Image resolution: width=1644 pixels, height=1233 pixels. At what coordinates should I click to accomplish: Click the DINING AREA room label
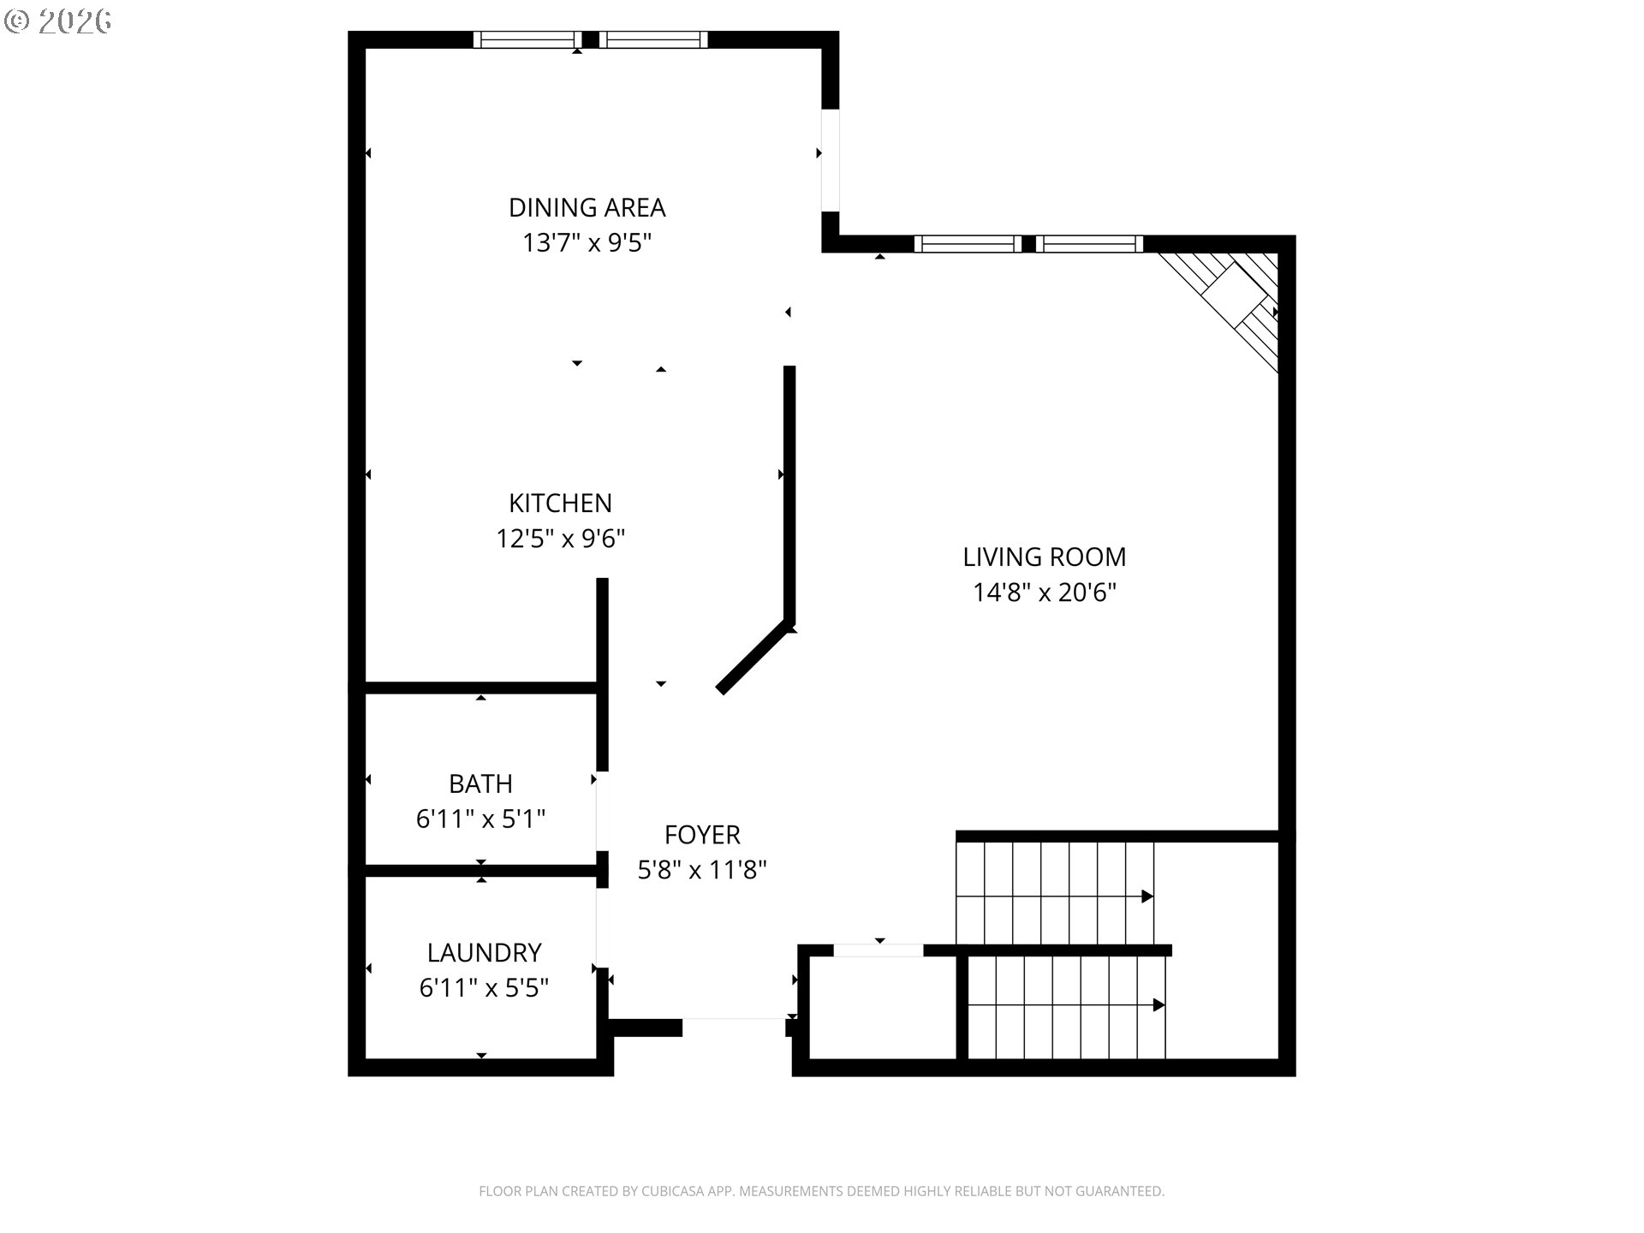pyautogui.click(x=587, y=207)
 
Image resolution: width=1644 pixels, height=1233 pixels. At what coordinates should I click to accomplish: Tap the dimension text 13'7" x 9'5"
pyautogui.click(x=587, y=243)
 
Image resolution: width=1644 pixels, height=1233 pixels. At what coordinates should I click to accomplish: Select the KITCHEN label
pyautogui.click(x=560, y=503)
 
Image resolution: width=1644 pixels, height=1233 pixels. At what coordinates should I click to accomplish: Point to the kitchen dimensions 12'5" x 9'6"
pyautogui.click(x=560, y=539)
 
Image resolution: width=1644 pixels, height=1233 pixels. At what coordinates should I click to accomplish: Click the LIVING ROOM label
pyautogui.click(x=1044, y=557)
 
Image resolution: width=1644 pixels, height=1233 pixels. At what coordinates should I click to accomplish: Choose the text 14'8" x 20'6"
pyautogui.click(x=1044, y=593)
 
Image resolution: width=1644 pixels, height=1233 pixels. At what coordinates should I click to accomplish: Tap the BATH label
pyautogui.click(x=480, y=783)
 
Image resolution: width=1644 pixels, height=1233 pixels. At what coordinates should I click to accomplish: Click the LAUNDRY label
pyautogui.click(x=484, y=952)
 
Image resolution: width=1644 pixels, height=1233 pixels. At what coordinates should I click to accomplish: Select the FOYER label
pyautogui.click(x=702, y=834)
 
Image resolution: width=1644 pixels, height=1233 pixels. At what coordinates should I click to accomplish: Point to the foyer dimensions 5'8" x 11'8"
pyautogui.click(x=702, y=870)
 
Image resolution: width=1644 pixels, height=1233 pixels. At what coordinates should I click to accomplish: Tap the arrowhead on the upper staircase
pyautogui.click(x=1147, y=896)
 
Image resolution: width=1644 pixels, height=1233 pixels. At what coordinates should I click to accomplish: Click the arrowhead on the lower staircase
pyautogui.click(x=1159, y=1005)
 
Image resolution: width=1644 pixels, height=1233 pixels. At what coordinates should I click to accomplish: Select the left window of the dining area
pyautogui.click(x=527, y=39)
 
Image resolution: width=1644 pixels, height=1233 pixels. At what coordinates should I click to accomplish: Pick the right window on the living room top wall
pyautogui.click(x=1089, y=244)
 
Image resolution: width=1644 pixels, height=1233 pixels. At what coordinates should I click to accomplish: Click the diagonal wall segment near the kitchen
pyautogui.click(x=752, y=657)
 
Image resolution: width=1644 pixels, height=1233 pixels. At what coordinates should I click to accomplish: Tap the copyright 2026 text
pyautogui.click(x=58, y=21)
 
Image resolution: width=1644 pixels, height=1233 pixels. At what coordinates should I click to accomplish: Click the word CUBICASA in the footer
pyautogui.click(x=677, y=1191)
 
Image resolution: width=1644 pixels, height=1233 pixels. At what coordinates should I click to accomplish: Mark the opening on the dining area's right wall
pyautogui.click(x=830, y=159)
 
